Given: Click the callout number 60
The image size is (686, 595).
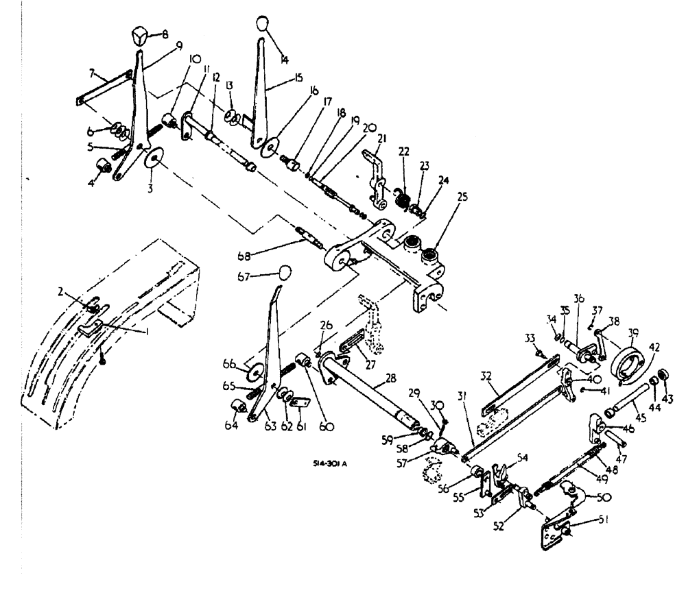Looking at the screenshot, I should click(x=327, y=426).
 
